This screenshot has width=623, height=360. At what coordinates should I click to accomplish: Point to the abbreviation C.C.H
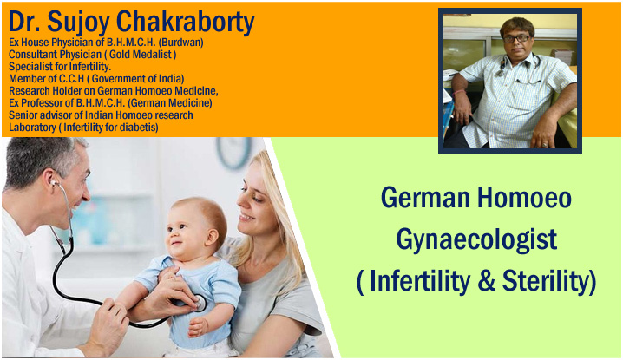tap(71, 79)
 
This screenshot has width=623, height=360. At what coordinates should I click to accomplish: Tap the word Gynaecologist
tap(476, 241)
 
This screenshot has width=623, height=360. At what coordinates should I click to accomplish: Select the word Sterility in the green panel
tap(549, 281)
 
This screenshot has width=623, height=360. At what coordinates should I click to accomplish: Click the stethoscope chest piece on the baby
tap(200, 304)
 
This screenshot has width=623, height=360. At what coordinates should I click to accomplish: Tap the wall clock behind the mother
tap(234, 153)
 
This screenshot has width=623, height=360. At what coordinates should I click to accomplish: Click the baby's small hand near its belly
tap(198, 327)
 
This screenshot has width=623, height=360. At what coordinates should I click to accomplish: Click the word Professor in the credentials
tap(47, 103)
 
